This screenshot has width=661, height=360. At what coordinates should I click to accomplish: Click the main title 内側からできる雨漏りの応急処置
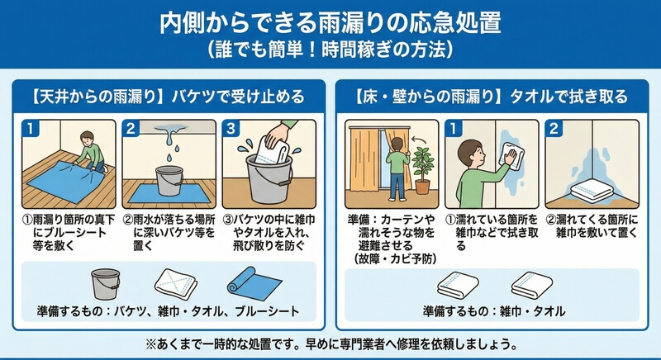click(x=330, y=23)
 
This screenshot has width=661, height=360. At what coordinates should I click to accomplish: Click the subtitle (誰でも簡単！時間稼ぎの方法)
click(x=330, y=50)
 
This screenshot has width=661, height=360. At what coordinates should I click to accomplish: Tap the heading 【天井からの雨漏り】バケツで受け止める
click(x=169, y=97)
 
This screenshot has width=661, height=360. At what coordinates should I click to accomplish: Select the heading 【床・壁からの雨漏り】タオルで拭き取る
click(x=492, y=97)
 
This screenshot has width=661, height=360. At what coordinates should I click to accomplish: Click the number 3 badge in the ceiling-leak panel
click(x=231, y=129)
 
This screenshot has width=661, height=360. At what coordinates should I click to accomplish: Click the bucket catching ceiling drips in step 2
click(x=169, y=180)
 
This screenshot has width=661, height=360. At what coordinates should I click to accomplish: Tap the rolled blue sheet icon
click(x=254, y=283)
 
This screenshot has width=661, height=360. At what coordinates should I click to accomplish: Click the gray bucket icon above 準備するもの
click(x=106, y=284)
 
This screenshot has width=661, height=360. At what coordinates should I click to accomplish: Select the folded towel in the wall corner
click(x=592, y=191)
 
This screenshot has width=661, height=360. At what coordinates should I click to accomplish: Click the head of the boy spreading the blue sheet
click(x=88, y=139)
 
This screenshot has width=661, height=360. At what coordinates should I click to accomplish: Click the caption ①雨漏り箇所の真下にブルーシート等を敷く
click(x=69, y=232)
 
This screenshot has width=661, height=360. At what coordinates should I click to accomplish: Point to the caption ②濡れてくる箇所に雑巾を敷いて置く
click(x=592, y=226)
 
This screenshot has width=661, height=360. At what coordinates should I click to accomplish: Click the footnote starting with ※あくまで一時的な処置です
click(x=331, y=344)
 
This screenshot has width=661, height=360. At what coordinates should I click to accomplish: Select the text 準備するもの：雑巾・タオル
click(x=493, y=311)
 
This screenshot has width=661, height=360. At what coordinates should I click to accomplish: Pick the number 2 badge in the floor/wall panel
click(x=554, y=129)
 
